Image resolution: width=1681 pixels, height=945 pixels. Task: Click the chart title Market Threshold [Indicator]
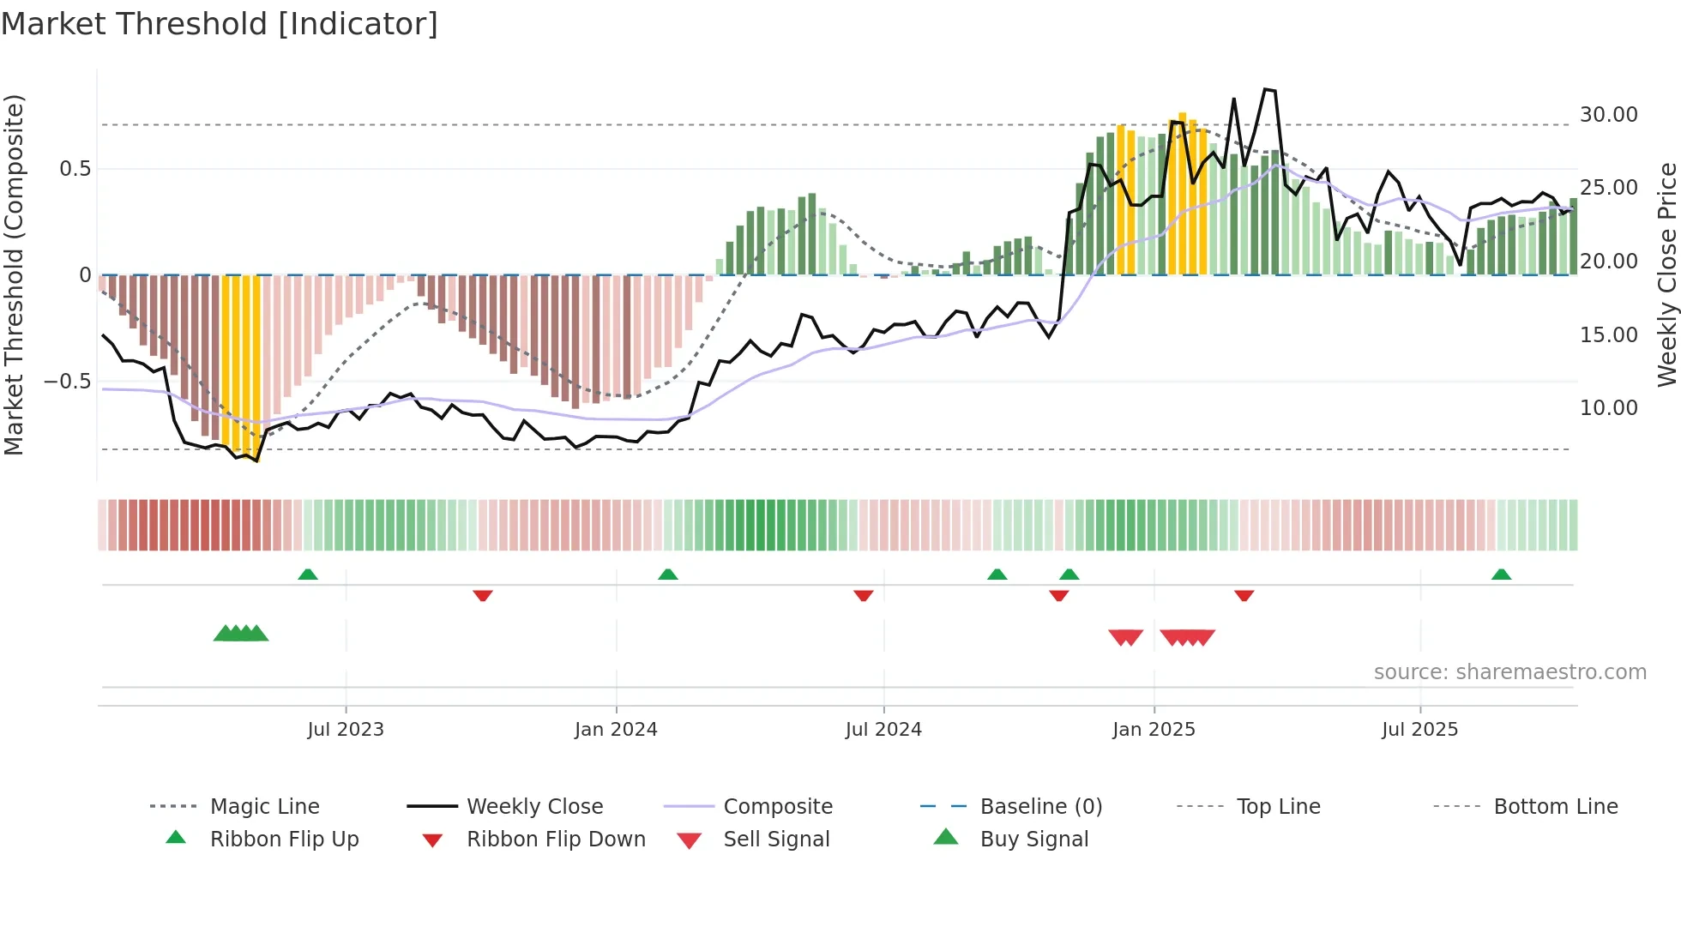click(x=220, y=24)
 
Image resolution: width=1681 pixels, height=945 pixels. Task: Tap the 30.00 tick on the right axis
click(x=1608, y=114)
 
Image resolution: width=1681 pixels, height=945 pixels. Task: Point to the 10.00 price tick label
click(x=1608, y=408)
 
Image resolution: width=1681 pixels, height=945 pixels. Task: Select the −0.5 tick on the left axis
click(x=67, y=381)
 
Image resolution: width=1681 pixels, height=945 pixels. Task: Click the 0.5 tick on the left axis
click(x=75, y=169)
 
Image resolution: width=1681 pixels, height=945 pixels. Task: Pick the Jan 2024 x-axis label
click(x=616, y=730)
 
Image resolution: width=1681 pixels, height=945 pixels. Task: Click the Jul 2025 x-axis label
click(x=1419, y=730)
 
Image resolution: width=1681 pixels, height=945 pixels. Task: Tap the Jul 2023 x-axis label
click(x=346, y=730)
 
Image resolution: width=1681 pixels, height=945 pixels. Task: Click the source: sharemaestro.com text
click(x=1509, y=672)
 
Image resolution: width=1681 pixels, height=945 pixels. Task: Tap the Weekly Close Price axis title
click(x=1666, y=274)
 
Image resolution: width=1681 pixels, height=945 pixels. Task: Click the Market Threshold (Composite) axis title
click(x=14, y=274)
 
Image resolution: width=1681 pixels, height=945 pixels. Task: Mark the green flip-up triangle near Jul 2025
click(x=1501, y=575)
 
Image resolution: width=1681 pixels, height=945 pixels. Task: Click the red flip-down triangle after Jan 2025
click(x=1244, y=595)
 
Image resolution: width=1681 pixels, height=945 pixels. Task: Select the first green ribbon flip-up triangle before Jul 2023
click(x=308, y=575)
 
